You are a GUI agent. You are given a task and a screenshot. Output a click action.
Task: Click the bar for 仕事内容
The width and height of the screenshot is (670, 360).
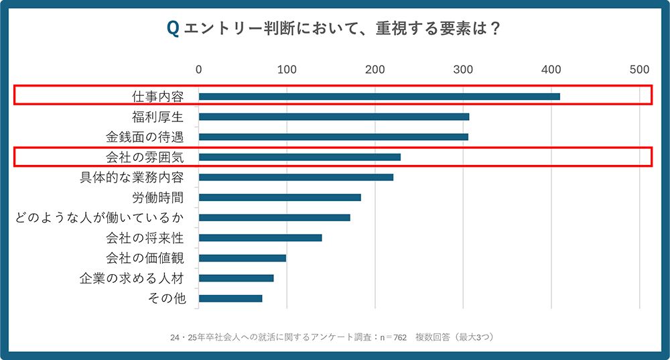coord(379,97)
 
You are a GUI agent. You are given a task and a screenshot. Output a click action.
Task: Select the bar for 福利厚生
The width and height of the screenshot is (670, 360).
coord(334,117)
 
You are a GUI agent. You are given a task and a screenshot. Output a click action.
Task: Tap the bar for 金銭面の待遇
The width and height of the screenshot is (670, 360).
coord(333,137)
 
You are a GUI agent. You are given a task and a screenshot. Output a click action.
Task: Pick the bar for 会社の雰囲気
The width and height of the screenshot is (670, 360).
coord(299,157)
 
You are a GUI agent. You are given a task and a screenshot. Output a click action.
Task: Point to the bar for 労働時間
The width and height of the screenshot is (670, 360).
coord(279,197)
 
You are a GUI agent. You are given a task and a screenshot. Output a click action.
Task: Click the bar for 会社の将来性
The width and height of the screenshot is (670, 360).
coord(260,237)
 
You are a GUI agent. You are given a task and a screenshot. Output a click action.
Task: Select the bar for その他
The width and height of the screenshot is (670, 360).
coord(230,298)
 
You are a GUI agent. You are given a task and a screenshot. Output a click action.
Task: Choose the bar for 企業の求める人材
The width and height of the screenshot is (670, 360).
coord(236,278)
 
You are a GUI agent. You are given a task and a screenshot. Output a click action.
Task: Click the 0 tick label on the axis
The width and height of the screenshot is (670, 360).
coord(199,69)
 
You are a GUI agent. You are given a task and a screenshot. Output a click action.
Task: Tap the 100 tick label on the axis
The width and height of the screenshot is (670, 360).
coord(287,69)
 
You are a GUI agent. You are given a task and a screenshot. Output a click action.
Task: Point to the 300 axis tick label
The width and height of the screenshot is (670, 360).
coord(463,69)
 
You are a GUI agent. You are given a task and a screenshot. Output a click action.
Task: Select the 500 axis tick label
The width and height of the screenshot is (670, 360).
coord(639,69)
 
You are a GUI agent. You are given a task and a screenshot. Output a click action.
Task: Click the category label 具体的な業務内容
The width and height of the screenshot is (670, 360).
coord(131,178)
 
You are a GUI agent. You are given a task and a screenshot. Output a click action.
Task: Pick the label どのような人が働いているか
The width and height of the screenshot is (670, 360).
coord(99,218)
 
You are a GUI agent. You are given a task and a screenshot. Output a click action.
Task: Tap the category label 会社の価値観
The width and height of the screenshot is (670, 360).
coord(145,258)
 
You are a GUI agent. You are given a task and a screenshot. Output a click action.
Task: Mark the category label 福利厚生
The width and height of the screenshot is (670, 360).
coord(158,117)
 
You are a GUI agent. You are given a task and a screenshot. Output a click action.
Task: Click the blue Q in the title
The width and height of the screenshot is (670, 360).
coord(172,29)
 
